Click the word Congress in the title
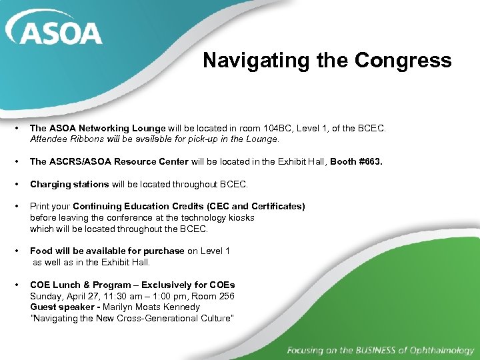point(403,61)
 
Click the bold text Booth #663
point(357,161)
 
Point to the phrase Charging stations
point(69,184)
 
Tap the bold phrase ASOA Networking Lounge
point(107,128)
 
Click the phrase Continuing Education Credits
point(138,207)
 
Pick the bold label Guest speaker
point(61,307)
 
